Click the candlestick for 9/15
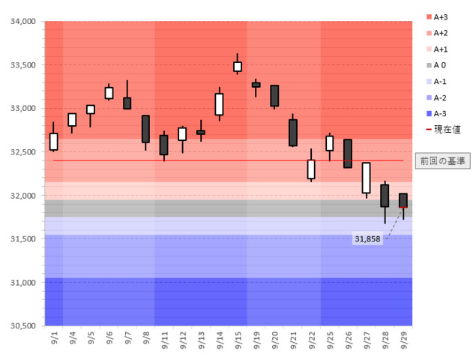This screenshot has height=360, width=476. tap(238, 67)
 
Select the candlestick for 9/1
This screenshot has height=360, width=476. tap(53, 142)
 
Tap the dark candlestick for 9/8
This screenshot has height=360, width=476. tap(145, 129)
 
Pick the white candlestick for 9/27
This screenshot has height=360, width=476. tap(366, 178)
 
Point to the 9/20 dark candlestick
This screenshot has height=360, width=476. tap(274, 96)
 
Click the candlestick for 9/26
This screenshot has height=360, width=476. tap(348, 153)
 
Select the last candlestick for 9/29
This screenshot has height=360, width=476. tap(403, 200)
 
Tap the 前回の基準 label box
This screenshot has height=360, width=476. tap(442, 160)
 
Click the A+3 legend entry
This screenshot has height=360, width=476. tap(442, 16)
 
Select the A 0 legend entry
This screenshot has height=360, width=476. tap(442, 65)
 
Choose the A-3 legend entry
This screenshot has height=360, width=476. tap(442, 114)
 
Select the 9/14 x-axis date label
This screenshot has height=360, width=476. tap(220, 340)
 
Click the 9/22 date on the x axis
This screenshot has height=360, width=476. tap(311, 340)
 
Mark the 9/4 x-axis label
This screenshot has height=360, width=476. tap(72, 340)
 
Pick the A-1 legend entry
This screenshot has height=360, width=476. tap(442, 82)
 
